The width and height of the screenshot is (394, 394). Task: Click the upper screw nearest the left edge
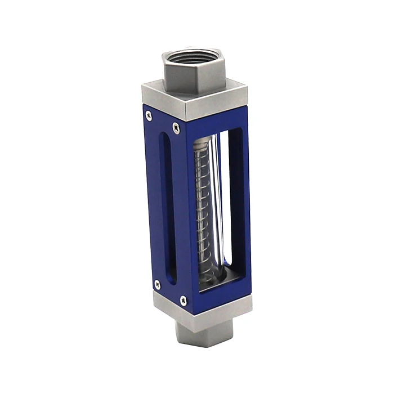pyautogui.click(x=148, y=115)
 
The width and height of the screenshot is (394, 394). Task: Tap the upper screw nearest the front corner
pyautogui.click(x=176, y=127)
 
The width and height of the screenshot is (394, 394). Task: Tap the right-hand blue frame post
pyautogui.click(x=239, y=208)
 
